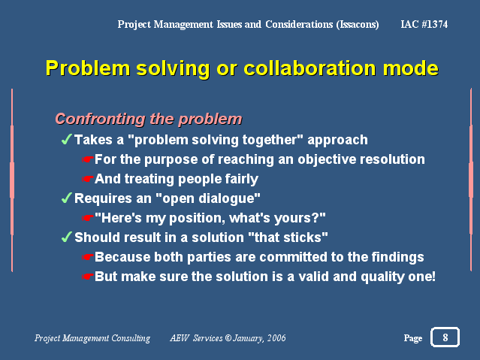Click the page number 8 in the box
pyautogui.click(x=445, y=337)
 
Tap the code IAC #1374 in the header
pyautogui.click(x=424, y=24)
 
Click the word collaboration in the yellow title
pyautogui.click(x=309, y=68)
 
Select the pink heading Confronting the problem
pyautogui.click(x=149, y=119)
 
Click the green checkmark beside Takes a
pyautogui.click(x=67, y=139)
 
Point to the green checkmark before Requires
pyautogui.click(x=67, y=198)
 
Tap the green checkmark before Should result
pyautogui.click(x=67, y=237)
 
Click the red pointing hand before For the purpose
pyautogui.click(x=87, y=159)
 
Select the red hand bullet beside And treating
pyautogui.click(x=87, y=179)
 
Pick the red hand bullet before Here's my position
pyautogui.click(x=87, y=218)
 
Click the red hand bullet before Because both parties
pyautogui.click(x=87, y=257)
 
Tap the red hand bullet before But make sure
pyautogui.click(x=87, y=277)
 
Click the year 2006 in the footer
pyautogui.click(x=276, y=338)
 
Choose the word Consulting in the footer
pyautogui.click(x=131, y=338)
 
